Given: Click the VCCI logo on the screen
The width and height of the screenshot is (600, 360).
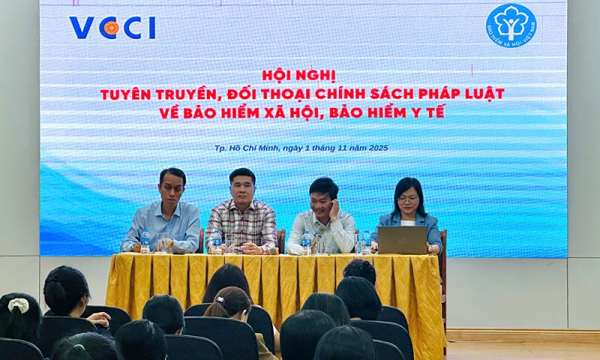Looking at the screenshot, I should point(112,28).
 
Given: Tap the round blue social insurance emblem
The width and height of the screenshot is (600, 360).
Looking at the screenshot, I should point(511,24).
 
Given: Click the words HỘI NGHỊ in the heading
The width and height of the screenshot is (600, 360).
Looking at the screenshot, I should point(299,75).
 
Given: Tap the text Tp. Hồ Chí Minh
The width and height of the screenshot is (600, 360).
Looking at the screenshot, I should point(246,148).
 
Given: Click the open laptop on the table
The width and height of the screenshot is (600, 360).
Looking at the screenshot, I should point(402,240).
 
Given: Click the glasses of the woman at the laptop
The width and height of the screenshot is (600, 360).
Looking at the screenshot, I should point(409,199).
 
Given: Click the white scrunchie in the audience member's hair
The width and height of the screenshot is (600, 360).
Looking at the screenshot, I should point(18,305).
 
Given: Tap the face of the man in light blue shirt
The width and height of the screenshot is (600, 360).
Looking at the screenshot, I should point(172,188).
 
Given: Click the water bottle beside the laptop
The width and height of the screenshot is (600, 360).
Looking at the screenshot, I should point(366,242).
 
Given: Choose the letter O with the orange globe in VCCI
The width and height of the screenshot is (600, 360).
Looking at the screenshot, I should point(111,28).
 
